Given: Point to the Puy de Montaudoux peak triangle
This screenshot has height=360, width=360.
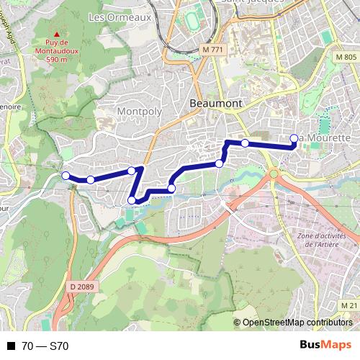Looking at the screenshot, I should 56,34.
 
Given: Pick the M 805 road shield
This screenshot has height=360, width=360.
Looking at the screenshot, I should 346,57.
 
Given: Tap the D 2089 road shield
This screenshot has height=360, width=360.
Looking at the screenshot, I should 83,287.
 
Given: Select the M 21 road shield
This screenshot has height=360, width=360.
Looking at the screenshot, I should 349,306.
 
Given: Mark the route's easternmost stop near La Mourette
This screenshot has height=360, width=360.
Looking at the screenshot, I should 294,139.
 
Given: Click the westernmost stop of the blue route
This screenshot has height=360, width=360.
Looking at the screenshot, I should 66,176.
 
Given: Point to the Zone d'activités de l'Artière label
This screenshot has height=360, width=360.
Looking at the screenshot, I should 322,240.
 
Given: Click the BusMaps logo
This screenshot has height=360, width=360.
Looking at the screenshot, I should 325,345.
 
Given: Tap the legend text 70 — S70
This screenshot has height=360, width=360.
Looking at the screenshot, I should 45,346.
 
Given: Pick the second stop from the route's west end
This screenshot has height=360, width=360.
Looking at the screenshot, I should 91,179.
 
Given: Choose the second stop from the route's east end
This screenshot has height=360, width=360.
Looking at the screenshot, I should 245,143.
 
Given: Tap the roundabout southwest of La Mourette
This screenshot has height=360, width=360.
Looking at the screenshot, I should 274,173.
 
